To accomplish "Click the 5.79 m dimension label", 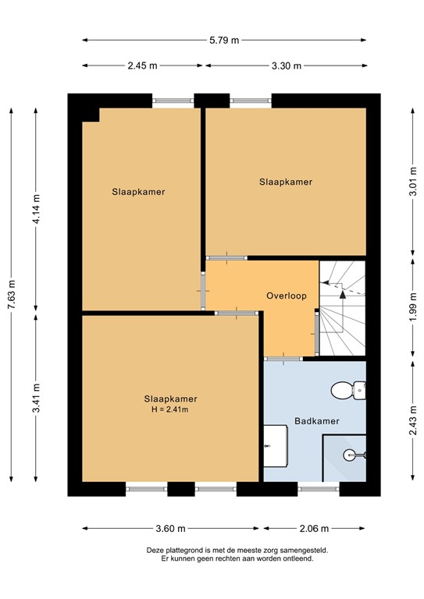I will coord(223,40).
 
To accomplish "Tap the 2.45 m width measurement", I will coord(142,66).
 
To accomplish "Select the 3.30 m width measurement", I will coord(286,66).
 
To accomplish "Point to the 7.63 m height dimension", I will coord(11,294).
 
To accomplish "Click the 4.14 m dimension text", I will coord(36,210).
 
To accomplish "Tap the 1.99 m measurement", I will coord(413,306).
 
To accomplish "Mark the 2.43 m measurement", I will coord(413,421).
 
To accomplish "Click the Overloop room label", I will coord(286,296).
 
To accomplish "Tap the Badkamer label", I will coord(316,421).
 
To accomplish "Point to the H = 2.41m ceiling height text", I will coord(170,409).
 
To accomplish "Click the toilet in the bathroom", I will coord(348,388).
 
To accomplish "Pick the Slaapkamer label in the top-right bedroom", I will coord(286,182).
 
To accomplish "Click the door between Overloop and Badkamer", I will coord(283,358).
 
